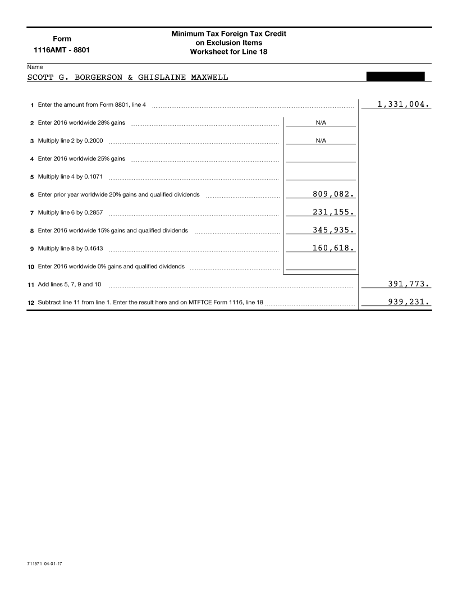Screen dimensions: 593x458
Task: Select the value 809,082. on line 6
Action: (333, 194)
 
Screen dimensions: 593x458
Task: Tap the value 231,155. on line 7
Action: (333, 212)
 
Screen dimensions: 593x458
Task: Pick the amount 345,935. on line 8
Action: (333, 230)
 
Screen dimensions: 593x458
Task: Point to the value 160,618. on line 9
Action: (333, 248)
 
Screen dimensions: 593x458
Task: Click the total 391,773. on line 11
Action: (409, 284)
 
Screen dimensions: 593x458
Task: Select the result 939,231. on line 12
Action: (409, 302)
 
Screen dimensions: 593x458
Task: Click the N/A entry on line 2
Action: (321, 122)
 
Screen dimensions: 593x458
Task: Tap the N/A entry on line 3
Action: (321, 140)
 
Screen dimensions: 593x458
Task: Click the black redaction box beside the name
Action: (395, 76)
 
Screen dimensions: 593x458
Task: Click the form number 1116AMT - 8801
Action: (62, 50)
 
